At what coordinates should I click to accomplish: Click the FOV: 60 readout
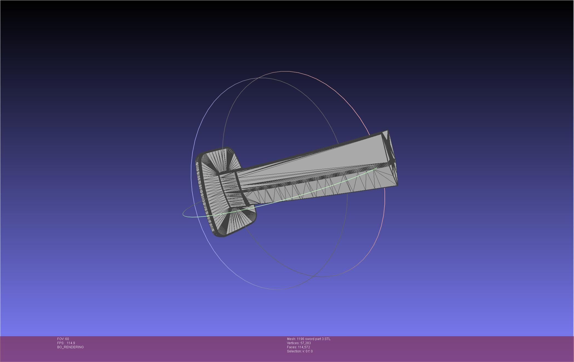(x=63, y=339)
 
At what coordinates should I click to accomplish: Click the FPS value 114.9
(x=71, y=343)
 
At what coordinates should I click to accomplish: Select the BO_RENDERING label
(x=70, y=347)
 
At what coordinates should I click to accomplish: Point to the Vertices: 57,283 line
(x=299, y=343)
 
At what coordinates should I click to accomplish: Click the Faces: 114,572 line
(x=298, y=347)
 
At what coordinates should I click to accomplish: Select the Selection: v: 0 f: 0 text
(x=300, y=351)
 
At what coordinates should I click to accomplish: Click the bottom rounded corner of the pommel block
(x=219, y=235)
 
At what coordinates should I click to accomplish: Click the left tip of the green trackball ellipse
(x=183, y=214)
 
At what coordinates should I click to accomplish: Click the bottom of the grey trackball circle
(x=277, y=289)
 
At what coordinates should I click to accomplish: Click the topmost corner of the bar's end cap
(x=388, y=131)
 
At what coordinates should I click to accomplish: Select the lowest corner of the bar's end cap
(x=397, y=186)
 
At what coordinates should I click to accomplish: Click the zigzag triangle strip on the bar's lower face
(x=315, y=189)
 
